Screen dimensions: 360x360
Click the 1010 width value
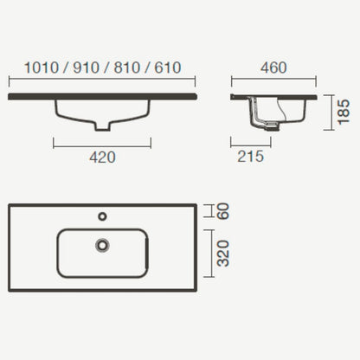[42, 67]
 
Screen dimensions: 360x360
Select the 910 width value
[87, 67]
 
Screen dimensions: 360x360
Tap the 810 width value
[127, 67]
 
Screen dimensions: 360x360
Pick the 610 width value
[168, 67]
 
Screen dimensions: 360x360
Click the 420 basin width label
[102, 157]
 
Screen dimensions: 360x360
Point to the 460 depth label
[273, 67]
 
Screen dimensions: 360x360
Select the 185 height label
[344, 112]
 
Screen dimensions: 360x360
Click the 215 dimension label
[251, 157]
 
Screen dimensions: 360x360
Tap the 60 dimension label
[223, 211]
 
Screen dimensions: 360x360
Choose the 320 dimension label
[223, 254]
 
